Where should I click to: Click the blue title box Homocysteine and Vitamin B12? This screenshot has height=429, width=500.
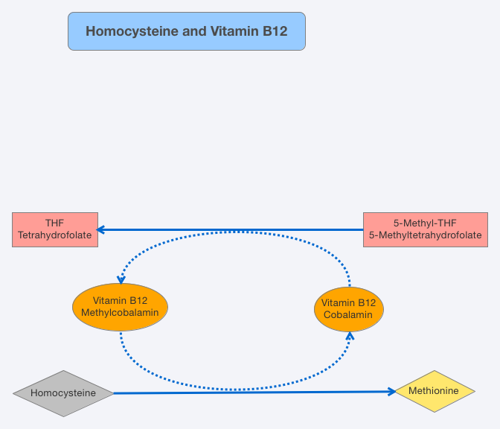(x=186, y=31)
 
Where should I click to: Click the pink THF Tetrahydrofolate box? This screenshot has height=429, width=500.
(x=55, y=229)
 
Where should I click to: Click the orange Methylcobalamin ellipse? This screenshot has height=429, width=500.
(x=120, y=306)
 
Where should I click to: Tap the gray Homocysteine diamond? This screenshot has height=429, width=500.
(x=64, y=393)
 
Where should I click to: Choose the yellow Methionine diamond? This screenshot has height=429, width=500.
(x=435, y=391)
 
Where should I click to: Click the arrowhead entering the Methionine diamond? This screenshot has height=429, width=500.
(x=390, y=391)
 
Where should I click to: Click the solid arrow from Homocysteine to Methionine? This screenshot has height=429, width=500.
(x=253, y=392)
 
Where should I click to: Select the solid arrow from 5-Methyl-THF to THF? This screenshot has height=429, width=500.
(x=231, y=229)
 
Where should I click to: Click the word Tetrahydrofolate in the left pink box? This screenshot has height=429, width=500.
(x=55, y=235)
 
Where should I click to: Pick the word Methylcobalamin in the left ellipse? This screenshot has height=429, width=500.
(x=120, y=312)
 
